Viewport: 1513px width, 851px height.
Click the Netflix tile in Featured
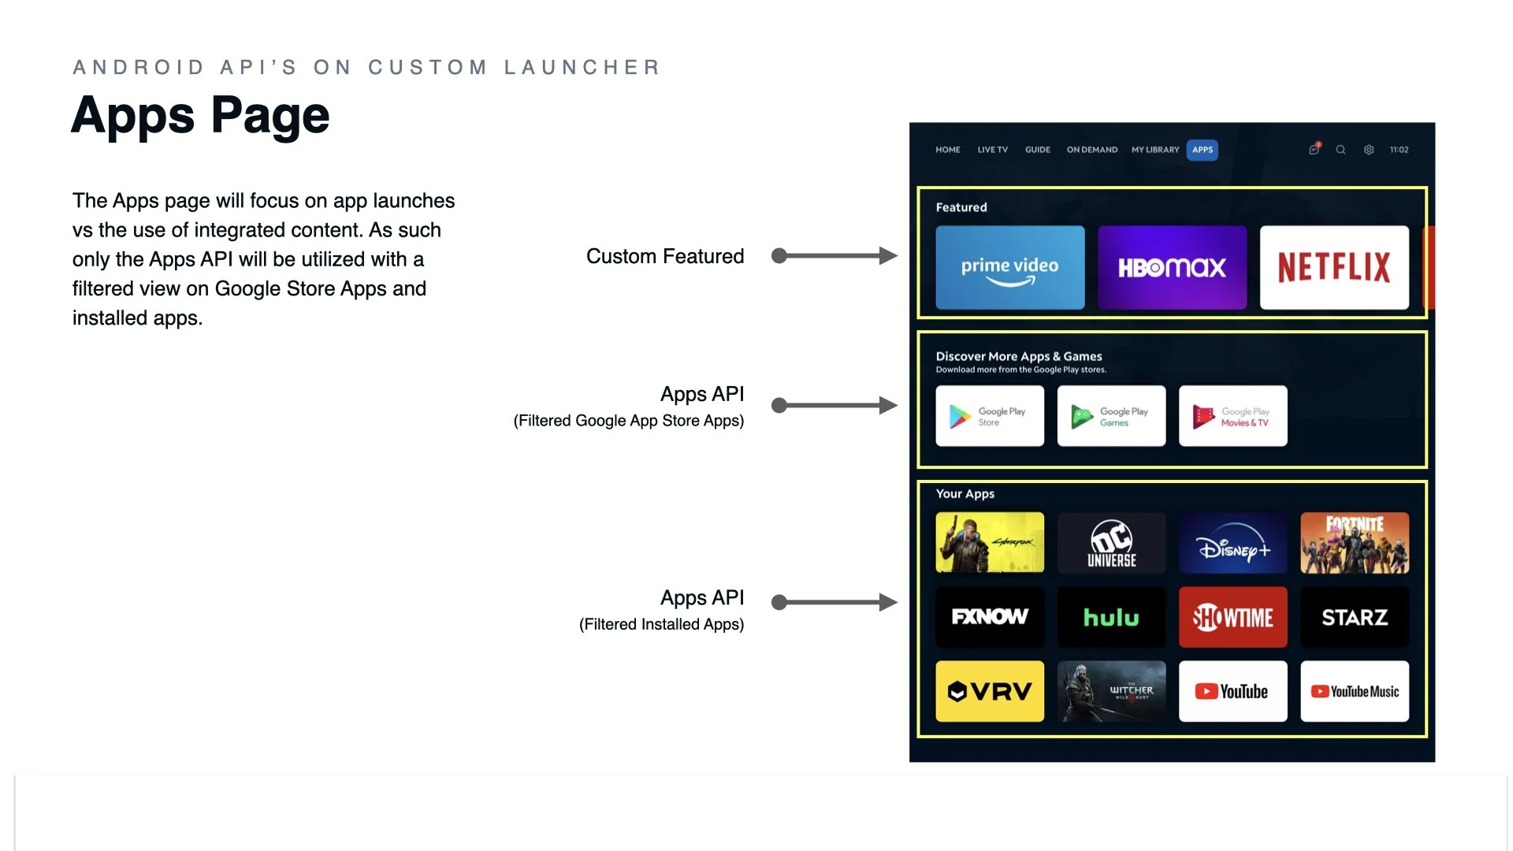[1333, 268]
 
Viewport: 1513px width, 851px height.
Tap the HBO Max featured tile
[1172, 268]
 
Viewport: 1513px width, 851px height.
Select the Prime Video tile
[1009, 268]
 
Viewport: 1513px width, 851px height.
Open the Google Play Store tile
[990, 416]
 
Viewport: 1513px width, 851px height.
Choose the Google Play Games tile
[1111, 416]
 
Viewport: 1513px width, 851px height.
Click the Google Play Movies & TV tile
[1232, 416]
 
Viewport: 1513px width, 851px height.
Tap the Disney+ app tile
[1232, 543]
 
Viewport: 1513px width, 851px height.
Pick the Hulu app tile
[1111, 617]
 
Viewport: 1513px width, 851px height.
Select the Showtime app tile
[1232, 617]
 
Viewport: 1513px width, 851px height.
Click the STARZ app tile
[1355, 617]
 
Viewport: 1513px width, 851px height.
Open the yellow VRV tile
[990, 691]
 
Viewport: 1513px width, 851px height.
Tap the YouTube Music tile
[1355, 691]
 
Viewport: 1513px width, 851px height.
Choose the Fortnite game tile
[1355, 543]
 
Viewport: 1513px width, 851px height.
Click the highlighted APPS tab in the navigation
[1203, 150]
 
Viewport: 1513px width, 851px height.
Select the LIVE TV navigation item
[992, 150]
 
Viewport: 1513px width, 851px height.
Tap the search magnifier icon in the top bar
[1340, 150]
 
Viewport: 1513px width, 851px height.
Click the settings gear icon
[1369, 150]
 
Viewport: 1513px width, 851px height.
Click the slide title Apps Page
[200, 116]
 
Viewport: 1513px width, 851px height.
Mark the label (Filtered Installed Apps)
[661, 624]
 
